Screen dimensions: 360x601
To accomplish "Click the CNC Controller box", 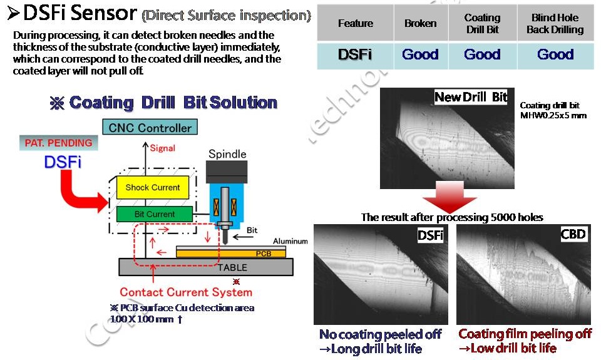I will coord(150,128).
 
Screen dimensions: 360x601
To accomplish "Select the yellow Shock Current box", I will coord(152,187).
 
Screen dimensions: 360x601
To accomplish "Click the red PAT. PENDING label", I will coord(58,143).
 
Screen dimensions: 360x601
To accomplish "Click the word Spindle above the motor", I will coord(227,154).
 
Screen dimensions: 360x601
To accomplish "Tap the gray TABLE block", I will coord(207,267).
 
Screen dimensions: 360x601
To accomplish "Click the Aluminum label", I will coord(290,241).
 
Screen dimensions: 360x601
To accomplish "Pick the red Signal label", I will coord(163,148).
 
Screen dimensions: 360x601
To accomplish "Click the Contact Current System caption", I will coord(186,292).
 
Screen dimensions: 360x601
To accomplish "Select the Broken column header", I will coord(420,23).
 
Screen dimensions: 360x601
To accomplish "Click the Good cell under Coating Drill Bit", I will coord(482,54).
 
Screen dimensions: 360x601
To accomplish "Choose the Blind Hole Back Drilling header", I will coord(555,24).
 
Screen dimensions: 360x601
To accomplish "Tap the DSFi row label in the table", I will coord(355,54).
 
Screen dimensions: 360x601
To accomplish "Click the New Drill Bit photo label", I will coord(471,97).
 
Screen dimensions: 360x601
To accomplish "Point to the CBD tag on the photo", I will coord(573,234).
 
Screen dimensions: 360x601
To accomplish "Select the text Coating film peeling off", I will coord(525,334).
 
